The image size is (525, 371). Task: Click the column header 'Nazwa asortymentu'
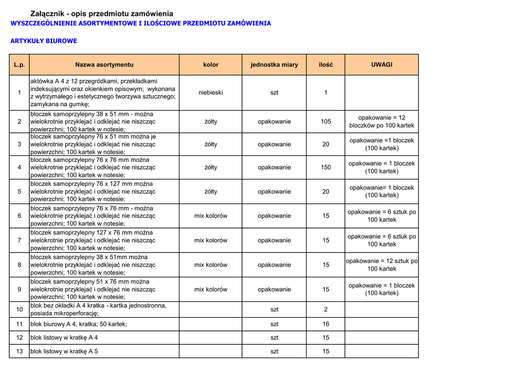tap(104, 65)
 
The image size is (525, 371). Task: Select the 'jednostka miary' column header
tap(274, 65)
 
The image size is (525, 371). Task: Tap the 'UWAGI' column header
tap(381, 65)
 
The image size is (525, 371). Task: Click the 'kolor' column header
tap(211, 65)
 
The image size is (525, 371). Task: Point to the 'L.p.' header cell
tap(19, 65)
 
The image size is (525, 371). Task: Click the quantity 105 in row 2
tap(326, 121)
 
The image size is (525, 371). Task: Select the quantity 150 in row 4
tap(326, 167)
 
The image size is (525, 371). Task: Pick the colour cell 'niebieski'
tap(211, 92)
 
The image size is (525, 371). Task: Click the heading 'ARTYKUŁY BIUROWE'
tap(44, 41)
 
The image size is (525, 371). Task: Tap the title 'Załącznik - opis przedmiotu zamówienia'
tap(102, 14)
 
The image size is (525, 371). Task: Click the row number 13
tap(19, 351)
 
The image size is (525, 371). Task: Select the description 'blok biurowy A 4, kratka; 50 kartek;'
tap(79, 324)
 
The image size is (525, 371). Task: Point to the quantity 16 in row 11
tap(326, 324)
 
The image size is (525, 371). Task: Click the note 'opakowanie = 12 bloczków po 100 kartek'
tap(381, 121)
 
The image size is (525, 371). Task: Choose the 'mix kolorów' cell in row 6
tap(211, 216)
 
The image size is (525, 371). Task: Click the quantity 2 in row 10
tap(326, 310)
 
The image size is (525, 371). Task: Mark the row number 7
tap(19, 240)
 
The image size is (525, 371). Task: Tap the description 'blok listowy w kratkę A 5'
tap(64, 351)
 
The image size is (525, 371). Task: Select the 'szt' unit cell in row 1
tap(274, 92)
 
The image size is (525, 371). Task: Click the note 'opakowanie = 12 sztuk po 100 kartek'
tap(381, 265)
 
